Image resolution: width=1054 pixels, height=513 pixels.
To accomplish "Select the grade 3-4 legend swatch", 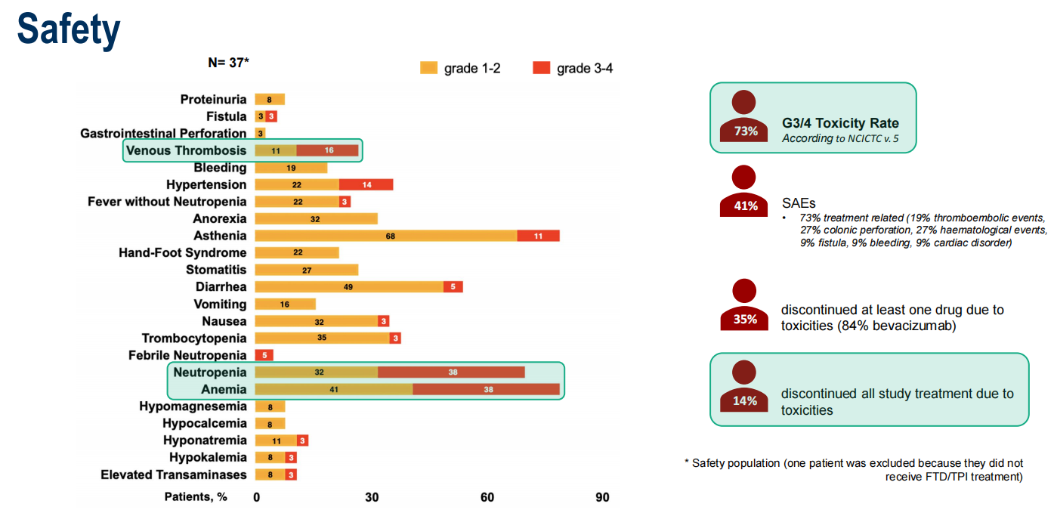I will [541, 69].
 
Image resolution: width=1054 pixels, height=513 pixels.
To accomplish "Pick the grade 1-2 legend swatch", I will [428, 69].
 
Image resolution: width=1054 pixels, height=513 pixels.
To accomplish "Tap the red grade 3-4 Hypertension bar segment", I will [366, 185].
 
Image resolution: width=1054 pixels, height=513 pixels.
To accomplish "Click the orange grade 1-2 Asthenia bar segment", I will [386, 236].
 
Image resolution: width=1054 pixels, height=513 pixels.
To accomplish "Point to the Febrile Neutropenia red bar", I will [264, 355].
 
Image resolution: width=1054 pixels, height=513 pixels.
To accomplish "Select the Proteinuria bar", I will [270, 100].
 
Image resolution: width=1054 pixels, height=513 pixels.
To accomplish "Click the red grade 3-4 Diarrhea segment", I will [453, 287].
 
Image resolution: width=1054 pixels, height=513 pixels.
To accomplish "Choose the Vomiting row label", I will [221, 304].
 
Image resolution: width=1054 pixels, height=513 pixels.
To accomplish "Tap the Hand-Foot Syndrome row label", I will [182, 253].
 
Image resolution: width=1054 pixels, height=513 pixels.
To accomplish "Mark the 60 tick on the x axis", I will [487, 497].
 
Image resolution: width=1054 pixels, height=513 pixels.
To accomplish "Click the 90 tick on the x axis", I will [602, 497].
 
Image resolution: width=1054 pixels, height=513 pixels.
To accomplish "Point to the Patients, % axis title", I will [196, 497].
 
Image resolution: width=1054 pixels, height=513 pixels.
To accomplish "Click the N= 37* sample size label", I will [228, 63].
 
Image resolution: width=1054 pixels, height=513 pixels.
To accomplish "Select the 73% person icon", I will [745, 117].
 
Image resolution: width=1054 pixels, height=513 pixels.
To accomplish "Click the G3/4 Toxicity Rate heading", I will [840, 123].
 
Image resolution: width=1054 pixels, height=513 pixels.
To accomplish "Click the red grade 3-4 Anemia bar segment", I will [487, 390].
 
